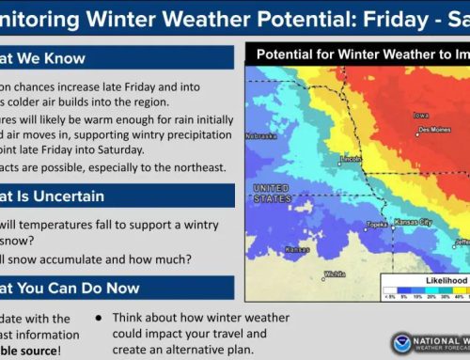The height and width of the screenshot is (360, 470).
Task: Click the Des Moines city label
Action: tap(435, 130)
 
